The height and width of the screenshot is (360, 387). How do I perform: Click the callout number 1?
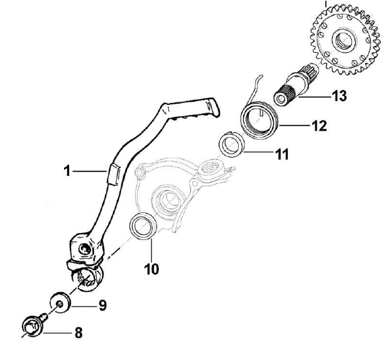pyautogui.click(x=66, y=170)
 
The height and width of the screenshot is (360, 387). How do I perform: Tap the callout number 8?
pyautogui.click(x=78, y=332)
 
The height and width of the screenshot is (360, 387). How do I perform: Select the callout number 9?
pyautogui.click(x=101, y=306)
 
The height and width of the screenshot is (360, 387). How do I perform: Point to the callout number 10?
pyautogui.click(x=151, y=270)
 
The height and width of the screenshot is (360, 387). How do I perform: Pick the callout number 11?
pyautogui.click(x=282, y=153)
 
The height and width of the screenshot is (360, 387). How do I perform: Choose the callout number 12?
pyautogui.click(x=319, y=126)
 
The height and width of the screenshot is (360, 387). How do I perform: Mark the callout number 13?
pyautogui.click(x=339, y=96)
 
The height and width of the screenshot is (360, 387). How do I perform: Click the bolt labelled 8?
pyautogui.click(x=31, y=325)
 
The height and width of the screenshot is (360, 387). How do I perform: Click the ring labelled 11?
pyautogui.click(x=231, y=145)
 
